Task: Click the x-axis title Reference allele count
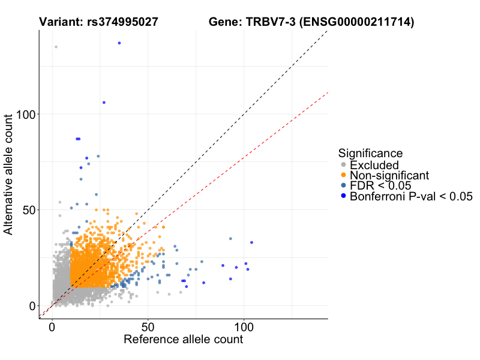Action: coord(183,340)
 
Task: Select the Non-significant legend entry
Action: coord(389,175)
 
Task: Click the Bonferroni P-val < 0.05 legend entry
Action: coord(411,196)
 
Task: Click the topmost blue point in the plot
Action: coord(119,43)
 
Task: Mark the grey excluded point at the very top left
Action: coord(56,47)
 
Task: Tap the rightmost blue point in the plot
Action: coord(251,242)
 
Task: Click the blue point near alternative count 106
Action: coord(104,103)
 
